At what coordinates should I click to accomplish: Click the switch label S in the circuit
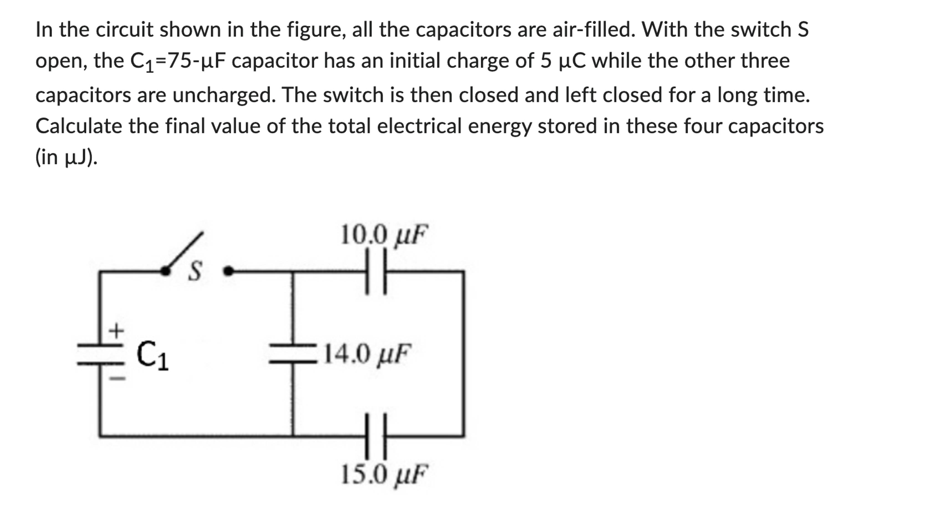195,271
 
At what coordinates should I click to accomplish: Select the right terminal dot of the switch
229,271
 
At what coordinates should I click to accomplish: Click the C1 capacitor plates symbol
100,354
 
